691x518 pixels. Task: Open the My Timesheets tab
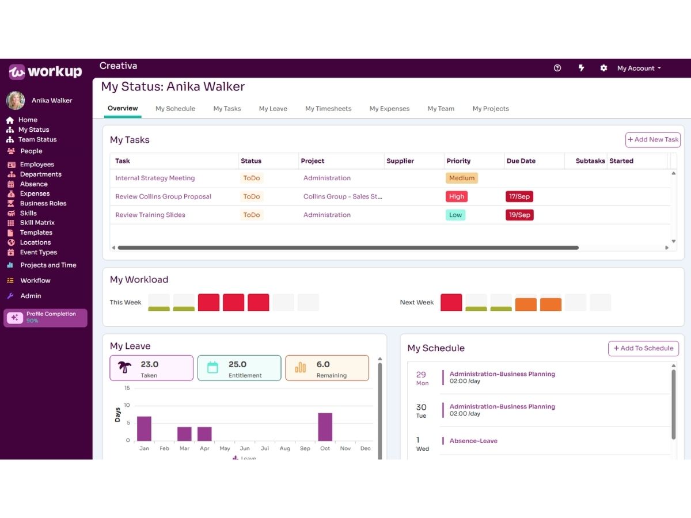(x=328, y=109)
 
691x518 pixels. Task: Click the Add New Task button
(x=652, y=140)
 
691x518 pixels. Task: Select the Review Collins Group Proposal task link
(x=163, y=197)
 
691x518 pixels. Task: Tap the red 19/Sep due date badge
(x=519, y=215)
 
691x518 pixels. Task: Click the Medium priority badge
(x=461, y=178)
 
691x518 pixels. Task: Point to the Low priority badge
(x=455, y=215)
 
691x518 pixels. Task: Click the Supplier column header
(x=400, y=161)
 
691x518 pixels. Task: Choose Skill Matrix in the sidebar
(x=37, y=223)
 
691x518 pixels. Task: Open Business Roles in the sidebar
(x=43, y=204)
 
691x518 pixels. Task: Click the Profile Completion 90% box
(x=45, y=318)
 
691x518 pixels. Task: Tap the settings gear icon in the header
(x=603, y=68)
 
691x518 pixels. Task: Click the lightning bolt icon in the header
(x=581, y=68)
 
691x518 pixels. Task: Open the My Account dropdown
(x=639, y=68)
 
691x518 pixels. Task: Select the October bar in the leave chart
(x=325, y=427)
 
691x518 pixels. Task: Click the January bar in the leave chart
(x=144, y=428)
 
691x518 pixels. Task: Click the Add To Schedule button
(x=643, y=348)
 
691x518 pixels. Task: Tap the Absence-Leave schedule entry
(x=473, y=441)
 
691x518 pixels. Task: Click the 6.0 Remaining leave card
(x=327, y=368)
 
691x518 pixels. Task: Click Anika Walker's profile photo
(x=16, y=101)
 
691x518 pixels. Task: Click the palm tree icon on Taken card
(x=124, y=367)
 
